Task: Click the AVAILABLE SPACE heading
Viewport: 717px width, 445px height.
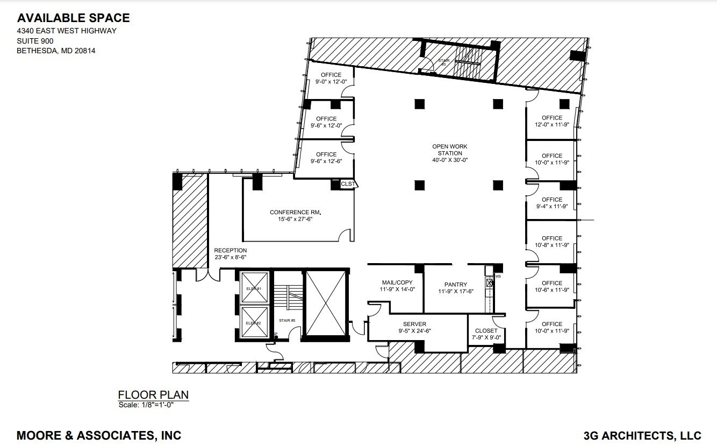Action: (73, 18)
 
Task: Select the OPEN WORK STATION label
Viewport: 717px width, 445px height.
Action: (450, 153)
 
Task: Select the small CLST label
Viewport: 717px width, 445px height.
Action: (348, 184)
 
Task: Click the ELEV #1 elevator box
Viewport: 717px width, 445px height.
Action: (253, 288)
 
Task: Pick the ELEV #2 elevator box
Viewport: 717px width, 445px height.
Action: (253, 323)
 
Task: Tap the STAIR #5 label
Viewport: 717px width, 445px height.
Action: (286, 321)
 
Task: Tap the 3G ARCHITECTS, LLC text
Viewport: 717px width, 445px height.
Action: (642, 435)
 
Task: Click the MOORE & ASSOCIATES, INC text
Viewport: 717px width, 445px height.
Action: (99, 435)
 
